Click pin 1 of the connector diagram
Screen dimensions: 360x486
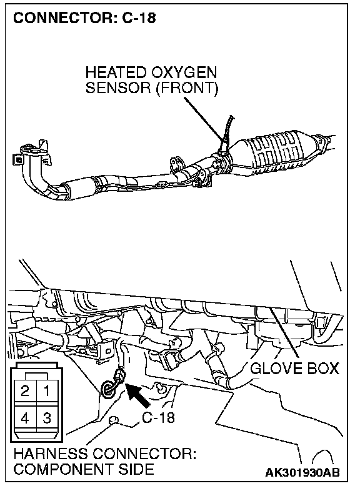point(46,391)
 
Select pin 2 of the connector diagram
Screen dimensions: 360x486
point(25,391)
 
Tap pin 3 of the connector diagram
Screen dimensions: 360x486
point(46,418)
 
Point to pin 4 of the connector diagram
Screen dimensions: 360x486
point(25,418)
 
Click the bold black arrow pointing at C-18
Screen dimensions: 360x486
point(138,395)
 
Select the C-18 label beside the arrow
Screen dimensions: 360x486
point(158,417)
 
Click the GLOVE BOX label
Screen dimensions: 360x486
point(294,369)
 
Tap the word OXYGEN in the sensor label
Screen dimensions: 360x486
point(184,72)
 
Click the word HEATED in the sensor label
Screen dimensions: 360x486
point(116,72)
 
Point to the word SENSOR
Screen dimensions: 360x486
point(118,87)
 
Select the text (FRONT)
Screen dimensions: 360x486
point(187,88)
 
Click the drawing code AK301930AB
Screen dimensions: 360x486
point(302,472)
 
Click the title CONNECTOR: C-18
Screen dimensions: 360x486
point(84,18)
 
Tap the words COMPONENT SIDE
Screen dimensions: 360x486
point(84,469)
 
